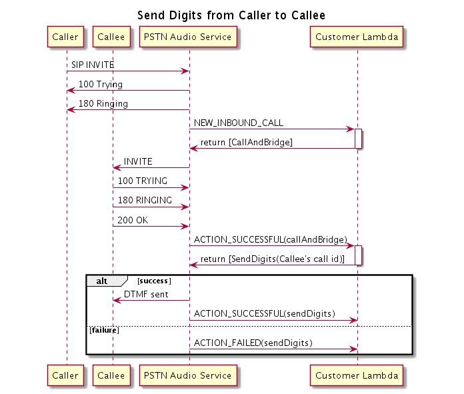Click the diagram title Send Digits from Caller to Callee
[231, 15]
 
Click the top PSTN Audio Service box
[189, 37]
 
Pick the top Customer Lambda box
[357, 37]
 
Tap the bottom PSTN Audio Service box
[189, 375]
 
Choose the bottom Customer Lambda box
[357, 375]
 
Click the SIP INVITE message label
[93, 65]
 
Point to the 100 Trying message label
[101, 85]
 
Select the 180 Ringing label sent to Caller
[103, 104]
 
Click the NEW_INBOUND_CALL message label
[239, 123]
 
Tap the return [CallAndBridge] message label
[247, 143]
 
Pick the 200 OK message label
[133, 220]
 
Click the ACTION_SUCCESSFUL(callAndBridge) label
[271, 239]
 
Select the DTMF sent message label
[146, 294]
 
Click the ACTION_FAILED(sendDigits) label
[253, 343]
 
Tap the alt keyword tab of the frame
[102, 281]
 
